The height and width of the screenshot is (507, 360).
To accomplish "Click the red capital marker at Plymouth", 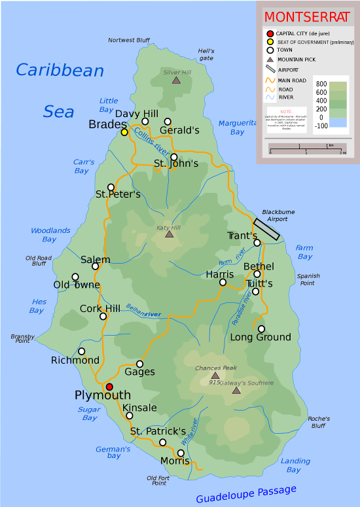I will point(109,387).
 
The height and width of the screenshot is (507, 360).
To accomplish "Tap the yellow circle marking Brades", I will point(124,132).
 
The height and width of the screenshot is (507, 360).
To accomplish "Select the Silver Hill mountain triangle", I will point(176,80).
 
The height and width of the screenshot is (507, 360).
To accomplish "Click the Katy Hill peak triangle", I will point(169,234).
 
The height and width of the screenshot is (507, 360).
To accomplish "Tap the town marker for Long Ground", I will point(262,329).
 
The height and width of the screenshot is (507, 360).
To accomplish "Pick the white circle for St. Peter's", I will point(111,187).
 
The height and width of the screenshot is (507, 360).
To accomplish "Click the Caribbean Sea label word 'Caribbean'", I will point(60,71).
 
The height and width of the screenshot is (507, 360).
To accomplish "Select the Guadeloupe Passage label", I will point(246,494).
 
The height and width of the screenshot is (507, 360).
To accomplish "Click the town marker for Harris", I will point(223,283).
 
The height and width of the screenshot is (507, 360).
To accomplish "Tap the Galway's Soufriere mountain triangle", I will point(236,391).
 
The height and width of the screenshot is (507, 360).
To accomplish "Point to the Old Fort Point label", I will point(158,480).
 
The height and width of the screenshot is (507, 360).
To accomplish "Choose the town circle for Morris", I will point(181,453).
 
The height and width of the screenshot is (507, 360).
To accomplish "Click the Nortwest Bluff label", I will point(129,41).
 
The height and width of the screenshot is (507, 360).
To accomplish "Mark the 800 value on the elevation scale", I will point(321,84).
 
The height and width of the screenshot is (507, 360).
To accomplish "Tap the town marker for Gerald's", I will point(168,122).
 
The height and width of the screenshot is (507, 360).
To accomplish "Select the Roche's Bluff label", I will point(318,422).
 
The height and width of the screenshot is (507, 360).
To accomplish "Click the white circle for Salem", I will point(96,266).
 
